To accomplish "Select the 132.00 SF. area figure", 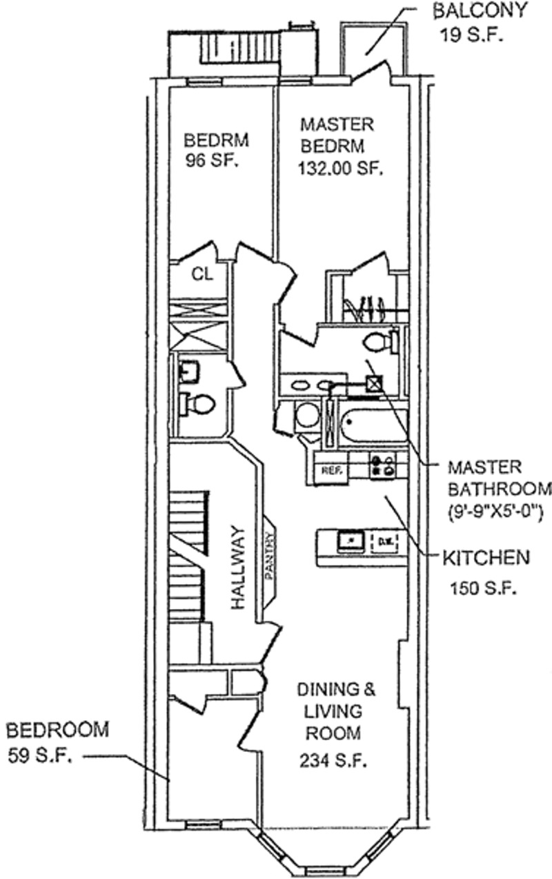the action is pyautogui.click(x=341, y=168).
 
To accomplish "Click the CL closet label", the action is pyautogui.click(x=202, y=273).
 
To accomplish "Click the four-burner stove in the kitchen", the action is pyautogui.click(x=382, y=466).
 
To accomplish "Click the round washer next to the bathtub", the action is pyautogui.click(x=306, y=416).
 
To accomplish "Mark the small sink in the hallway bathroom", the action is pyautogui.click(x=187, y=374).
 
